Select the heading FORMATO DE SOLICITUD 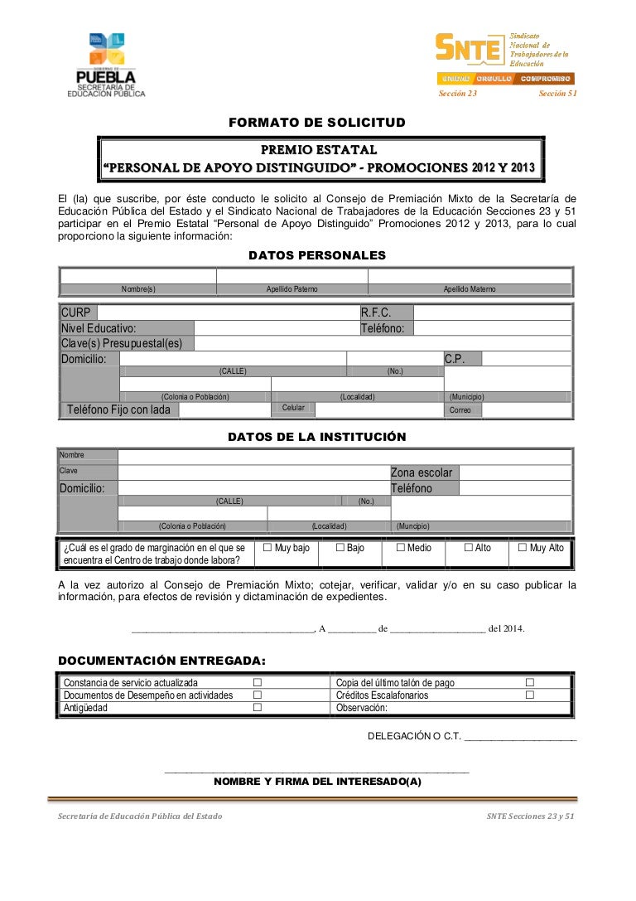pos(317,123)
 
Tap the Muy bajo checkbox pos(267,548)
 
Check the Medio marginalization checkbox pos(401,548)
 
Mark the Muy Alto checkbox pos(523,548)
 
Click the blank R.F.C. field pos(491,312)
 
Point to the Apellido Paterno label pos(291,289)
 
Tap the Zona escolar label pos(422,472)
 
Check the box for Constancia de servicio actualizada pos(258,682)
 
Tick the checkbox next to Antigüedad pos(258,708)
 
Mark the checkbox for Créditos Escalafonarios pos(530,695)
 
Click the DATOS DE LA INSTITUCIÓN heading pos(317,437)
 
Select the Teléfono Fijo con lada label pos(118,409)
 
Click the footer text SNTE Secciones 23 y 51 pos(530,816)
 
